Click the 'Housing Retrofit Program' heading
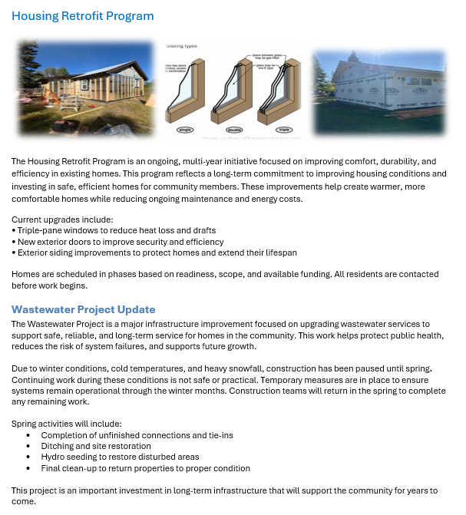pyautogui.click(x=83, y=16)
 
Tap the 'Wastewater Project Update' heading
pyautogui.click(x=83, y=310)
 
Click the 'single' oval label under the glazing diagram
pyautogui.click(x=185, y=130)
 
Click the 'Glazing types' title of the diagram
pyautogui.click(x=182, y=47)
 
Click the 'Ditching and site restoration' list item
pyautogui.click(x=96, y=446)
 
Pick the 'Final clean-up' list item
pyautogui.click(x=145, y=468)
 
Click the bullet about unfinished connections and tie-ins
pyautogui.click(x=137, y=435)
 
